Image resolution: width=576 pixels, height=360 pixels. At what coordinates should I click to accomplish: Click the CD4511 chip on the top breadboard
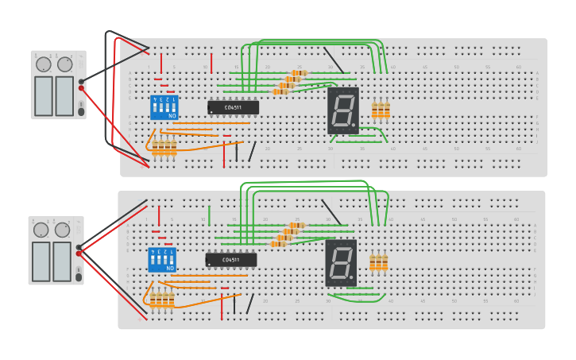pos(233,107)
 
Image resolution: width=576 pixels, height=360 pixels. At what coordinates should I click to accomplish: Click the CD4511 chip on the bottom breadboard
pos(230,260)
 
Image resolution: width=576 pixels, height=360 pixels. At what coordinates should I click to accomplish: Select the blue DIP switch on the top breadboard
pos(164,106)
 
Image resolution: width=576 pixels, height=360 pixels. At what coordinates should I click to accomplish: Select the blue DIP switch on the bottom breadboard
pos(162,260)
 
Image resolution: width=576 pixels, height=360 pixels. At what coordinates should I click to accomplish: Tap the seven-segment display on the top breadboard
pos(342,110)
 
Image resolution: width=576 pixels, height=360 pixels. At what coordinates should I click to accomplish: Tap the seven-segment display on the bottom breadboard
pos(340,262)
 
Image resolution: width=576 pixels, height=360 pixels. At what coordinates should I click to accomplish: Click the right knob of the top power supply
pos(65,64)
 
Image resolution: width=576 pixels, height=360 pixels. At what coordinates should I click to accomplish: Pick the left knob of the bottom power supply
pos(41,230)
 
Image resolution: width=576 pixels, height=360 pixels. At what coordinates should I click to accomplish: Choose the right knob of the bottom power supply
pos(62,230)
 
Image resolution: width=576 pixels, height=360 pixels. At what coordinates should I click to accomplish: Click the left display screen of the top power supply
pos(44,95)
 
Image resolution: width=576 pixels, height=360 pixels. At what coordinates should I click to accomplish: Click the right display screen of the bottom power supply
pos(61,261)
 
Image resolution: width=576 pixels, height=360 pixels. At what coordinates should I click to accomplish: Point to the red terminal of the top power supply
pos(81,88)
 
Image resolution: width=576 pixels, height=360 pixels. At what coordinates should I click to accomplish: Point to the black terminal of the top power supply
pos(81,81)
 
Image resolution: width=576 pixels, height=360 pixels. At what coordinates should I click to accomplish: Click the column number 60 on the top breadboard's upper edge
pos(519,67)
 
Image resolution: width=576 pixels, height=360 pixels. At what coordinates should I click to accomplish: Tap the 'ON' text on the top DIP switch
pos(172,116)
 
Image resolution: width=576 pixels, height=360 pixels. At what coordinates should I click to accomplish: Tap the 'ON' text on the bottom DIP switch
pos(170,269)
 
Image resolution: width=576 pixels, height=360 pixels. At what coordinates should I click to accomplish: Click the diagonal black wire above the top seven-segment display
pos(334,60)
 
